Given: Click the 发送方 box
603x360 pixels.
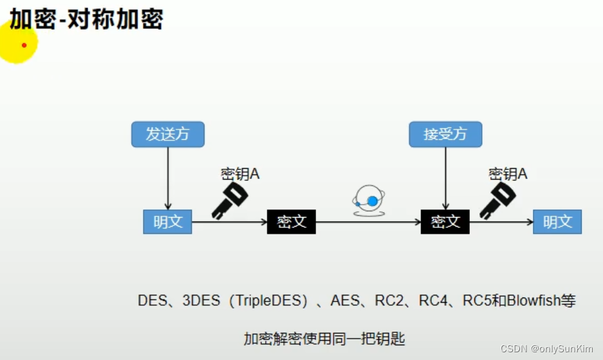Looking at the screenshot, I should (x=168, y=135).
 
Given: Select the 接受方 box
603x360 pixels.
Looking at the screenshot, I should (x=445, y=135).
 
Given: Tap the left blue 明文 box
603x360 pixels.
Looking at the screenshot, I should (x=167, y=222).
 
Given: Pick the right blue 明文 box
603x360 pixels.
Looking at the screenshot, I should (x=557, y=222).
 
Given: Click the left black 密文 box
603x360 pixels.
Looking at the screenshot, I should (x=292, y=222).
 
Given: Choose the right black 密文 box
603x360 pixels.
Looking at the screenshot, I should (x=445, y=222).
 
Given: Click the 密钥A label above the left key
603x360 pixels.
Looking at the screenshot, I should (x=240, y=174).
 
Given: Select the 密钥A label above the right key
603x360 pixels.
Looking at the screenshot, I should (x=508, y=174).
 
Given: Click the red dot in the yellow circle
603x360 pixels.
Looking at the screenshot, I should (x=24, y=45).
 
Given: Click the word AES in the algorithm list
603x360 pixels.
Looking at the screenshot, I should (x=345, y=301).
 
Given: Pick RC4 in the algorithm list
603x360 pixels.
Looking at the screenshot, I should (x=432, y=301).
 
